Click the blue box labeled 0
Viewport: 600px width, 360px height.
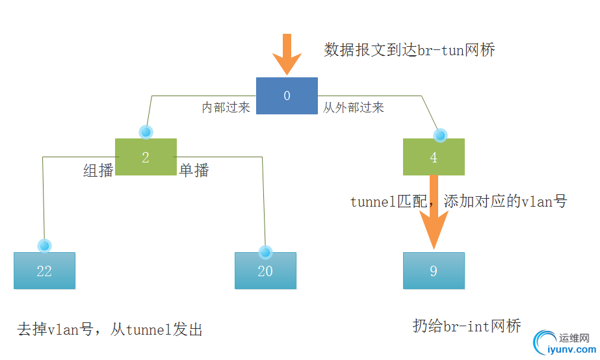pos(287,96)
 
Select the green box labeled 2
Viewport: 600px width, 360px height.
pos(146,157)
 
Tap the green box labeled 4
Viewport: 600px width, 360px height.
pos(434,157)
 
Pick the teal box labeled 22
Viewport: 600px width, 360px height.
pos(44,270)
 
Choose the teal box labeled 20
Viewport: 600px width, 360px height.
pos(265,270)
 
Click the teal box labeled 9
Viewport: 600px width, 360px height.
pos(434,270)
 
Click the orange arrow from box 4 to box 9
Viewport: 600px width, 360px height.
pos(434,221)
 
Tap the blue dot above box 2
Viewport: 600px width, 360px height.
pos(146,132)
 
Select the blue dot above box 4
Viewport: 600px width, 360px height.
pos(441,135)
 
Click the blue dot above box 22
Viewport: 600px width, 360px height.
pos(45,246)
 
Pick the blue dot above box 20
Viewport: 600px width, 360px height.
pos(265,251)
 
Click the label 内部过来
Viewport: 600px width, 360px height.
pos(226,108)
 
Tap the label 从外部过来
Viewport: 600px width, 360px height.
pos(354,108)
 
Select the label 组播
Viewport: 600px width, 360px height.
pos(98,171)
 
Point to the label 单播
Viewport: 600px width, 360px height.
pos(194,171)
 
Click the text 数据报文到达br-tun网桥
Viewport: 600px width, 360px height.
pos(410,50)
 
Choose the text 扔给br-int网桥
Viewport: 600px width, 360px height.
pos(467,326)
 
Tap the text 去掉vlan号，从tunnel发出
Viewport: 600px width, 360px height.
pos(110,330)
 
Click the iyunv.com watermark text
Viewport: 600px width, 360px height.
pos(569,350)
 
